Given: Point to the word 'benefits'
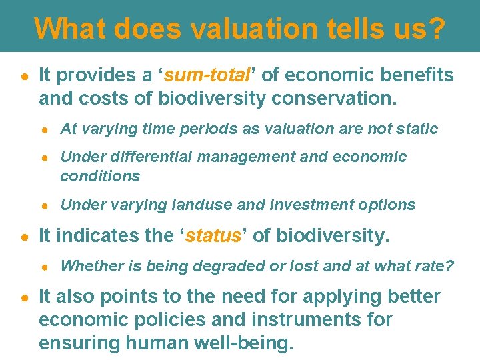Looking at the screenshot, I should pos(413,75).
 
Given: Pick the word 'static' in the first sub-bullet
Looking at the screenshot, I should pos(417,129).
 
